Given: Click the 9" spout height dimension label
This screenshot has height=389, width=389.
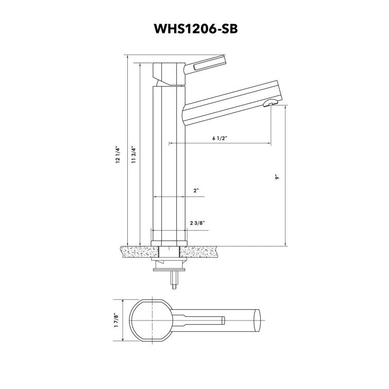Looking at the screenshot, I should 277,177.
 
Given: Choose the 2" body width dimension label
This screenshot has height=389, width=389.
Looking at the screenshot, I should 196,191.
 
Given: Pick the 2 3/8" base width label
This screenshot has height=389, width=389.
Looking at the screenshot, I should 197,223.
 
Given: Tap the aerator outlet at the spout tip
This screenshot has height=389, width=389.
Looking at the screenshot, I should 269,104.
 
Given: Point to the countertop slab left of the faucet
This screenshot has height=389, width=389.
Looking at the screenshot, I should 139,252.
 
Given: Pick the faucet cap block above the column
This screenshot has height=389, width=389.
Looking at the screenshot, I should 169,74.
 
